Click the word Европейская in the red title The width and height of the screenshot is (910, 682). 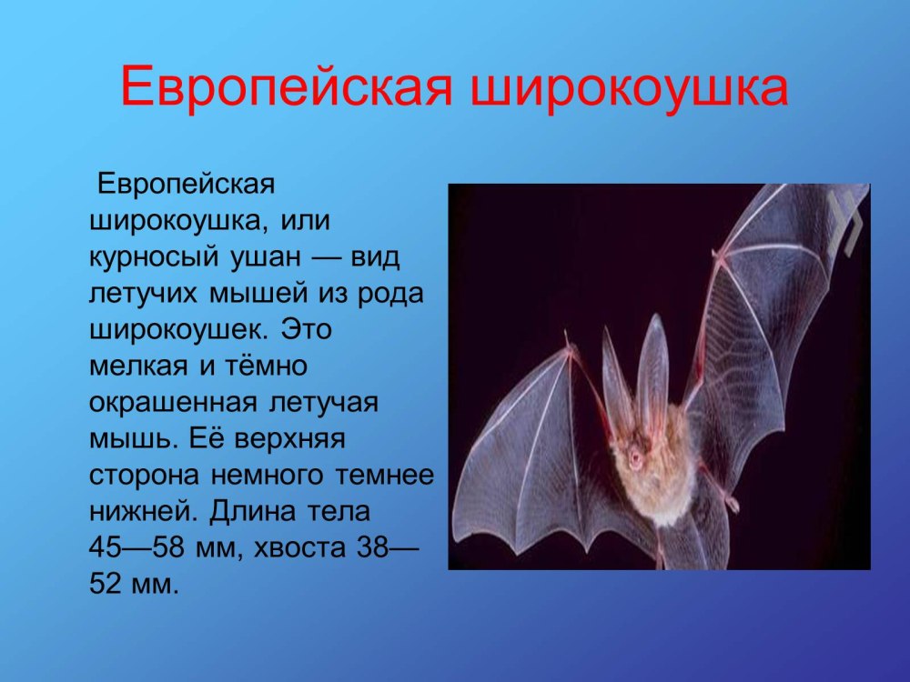click(x=286, y=88)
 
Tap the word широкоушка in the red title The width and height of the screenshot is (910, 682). click(x=629, y=88)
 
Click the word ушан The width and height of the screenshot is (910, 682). click(x=266, y=257)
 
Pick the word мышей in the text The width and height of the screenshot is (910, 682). click(x=258, y=293)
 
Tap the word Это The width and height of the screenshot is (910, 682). click(x=306, y=329)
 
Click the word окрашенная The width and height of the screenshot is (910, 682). click(x=173, y=403)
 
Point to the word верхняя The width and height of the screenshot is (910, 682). click(x=289, y=439)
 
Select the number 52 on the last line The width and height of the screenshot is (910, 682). click(x=105, y=584)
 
